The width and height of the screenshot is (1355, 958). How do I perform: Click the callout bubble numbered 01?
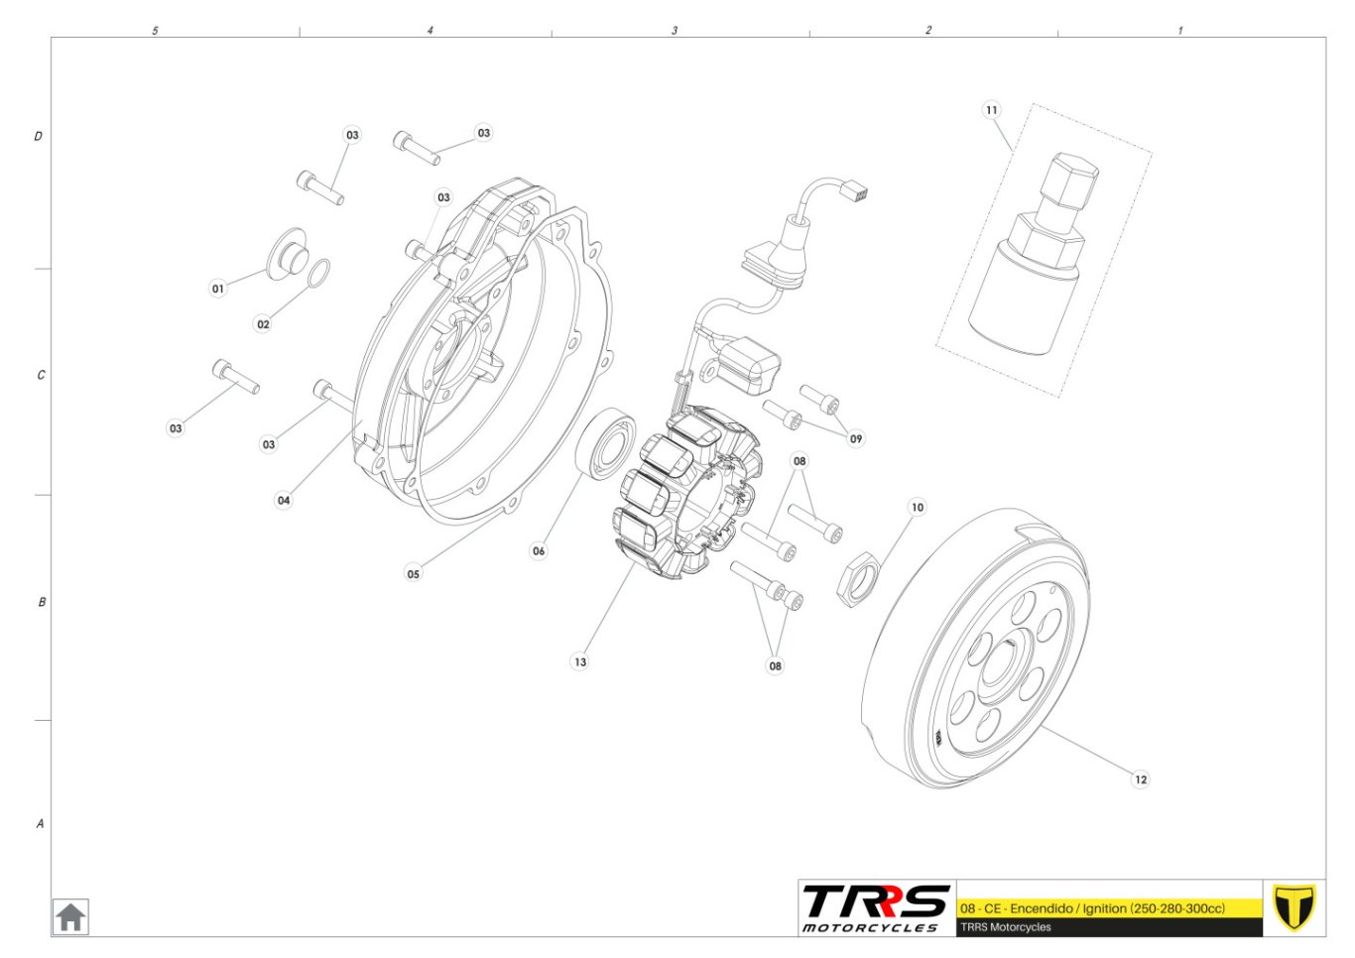[x=218, y=289]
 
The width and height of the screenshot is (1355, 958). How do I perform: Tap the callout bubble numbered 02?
[x=263, y=324]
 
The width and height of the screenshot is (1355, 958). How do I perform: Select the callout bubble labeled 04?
[x=284, y=500]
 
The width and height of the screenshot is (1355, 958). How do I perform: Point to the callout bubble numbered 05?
[x=414, y=573]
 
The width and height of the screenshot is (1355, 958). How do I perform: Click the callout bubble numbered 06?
[x=539, y=550]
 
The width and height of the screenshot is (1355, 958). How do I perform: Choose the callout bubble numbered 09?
[x=856, y=438]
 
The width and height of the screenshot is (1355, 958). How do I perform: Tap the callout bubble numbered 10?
[x=918, y=507]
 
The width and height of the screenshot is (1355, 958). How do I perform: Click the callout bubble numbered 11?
[x=991, y=110]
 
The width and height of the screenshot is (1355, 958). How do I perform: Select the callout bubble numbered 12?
[x=1141, y=779]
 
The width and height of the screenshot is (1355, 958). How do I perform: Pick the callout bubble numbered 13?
[x=580, y=661]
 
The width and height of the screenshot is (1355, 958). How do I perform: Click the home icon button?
[x=70, y=917]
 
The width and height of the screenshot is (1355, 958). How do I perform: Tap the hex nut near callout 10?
[x=858, y=579]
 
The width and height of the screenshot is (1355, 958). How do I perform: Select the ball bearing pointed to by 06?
[x=605, y=444]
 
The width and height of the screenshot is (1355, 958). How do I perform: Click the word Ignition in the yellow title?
[x=1104, y=908]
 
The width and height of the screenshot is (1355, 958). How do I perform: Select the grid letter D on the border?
[x=38, y=136]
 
